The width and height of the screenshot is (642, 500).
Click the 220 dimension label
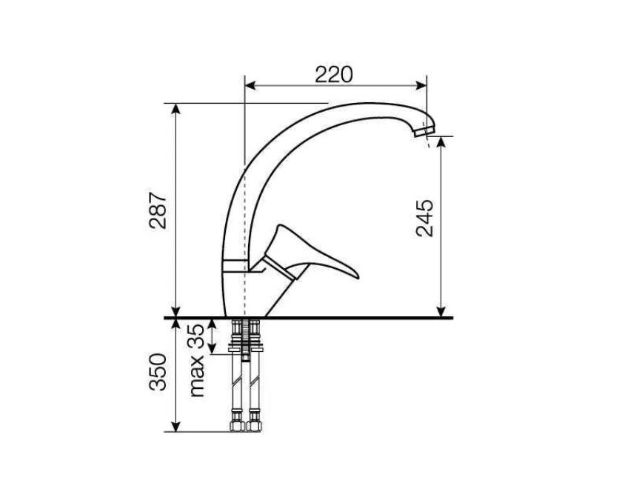coord(333,75)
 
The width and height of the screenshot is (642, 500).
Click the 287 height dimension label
coord(158,210)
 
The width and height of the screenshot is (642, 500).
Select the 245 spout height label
coord(424,218)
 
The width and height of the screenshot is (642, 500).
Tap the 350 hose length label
coord(158,372)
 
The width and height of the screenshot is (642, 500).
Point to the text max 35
coord(196,360)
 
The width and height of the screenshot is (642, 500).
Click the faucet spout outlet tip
coord(424,132)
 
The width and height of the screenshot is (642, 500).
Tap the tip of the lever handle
coord(358,277)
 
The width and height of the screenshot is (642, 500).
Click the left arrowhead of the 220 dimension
coord(250,85)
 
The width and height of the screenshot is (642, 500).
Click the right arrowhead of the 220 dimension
coord(421,85)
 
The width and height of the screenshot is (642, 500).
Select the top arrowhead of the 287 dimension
coord(175,109)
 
